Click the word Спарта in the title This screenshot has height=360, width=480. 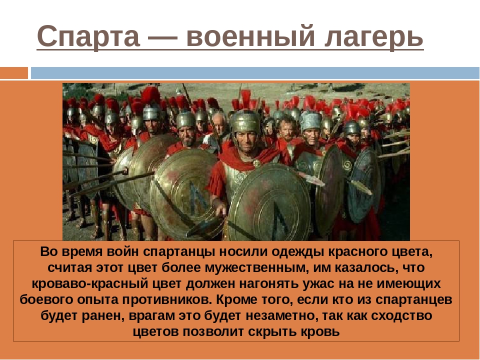[x=88, y=36]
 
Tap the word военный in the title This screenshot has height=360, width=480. [x=250, y=36]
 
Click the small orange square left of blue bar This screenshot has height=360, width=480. [x=14, y=73]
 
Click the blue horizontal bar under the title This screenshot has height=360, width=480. [x=255, y=73]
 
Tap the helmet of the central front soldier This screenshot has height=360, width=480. [x=246, y=121]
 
